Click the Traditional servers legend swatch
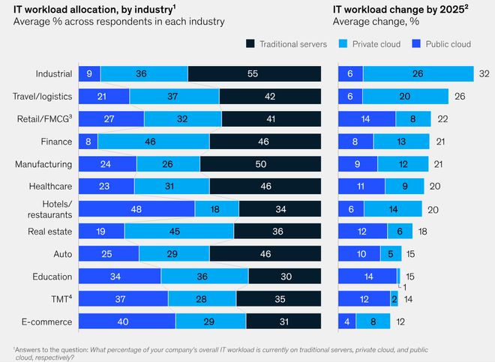(x=250, y=44)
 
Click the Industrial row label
(x=54, y=73)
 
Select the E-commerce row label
(x=48, y=322)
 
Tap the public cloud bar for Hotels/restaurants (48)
(x=136, y=209)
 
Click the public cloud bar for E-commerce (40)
(x=127, y=322)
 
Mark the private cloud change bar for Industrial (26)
(x=418, y=73)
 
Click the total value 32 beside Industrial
(x=484, y=73)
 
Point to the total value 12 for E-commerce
(x=400, y=322)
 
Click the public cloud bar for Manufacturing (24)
(x=107, y=164)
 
